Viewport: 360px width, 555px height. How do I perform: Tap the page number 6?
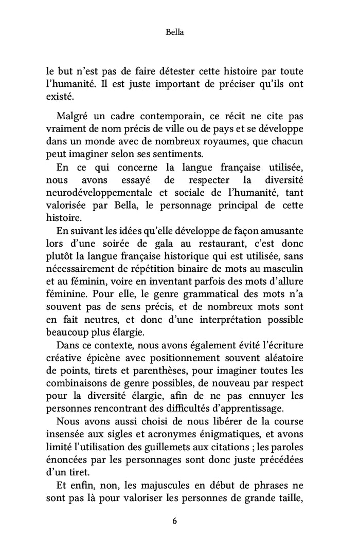click(175, 521)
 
